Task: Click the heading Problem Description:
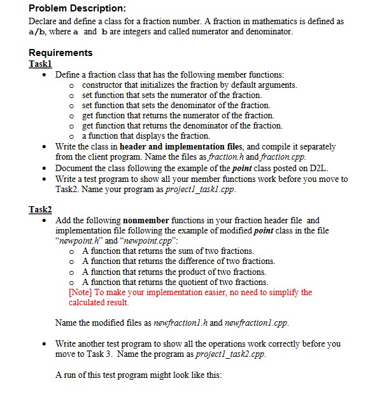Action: coord(69,9)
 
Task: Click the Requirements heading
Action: coord(60,53)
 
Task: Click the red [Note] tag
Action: coord(81,293)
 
